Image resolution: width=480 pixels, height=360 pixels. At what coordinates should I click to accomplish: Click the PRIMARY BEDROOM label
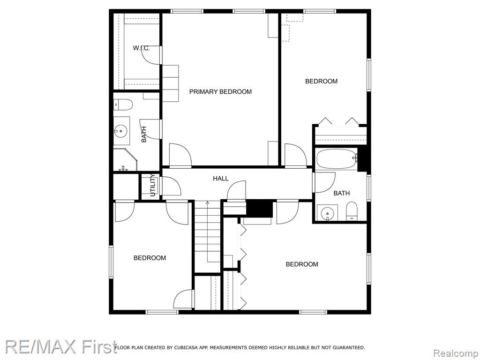coord(220,91)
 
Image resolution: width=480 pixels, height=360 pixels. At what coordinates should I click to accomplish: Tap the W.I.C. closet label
coord(141,48)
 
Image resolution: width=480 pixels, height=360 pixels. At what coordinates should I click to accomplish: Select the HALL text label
coord(221,179)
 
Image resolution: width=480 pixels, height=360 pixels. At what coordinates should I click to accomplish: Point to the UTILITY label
coord(153,185)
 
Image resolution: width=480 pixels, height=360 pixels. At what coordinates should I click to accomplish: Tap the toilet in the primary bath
coord(123,105)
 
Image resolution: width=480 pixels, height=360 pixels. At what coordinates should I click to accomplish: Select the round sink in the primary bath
coord(121,131)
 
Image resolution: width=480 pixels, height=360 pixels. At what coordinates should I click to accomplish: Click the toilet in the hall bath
coord(352,211)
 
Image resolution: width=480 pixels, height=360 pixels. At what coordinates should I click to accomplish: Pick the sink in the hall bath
coord(327,212)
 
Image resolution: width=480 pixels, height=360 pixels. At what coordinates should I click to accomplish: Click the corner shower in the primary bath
coord(125,160)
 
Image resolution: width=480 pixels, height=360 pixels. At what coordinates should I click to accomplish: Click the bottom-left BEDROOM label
coord(150,258)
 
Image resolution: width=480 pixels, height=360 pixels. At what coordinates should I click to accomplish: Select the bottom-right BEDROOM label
coord(302,264)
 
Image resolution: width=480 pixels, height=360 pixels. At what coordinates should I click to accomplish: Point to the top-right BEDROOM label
coord(322,81)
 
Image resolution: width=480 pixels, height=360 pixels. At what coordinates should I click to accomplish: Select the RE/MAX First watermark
coord(60,347)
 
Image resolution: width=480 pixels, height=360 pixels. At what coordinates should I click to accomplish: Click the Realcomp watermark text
coord(455,353)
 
